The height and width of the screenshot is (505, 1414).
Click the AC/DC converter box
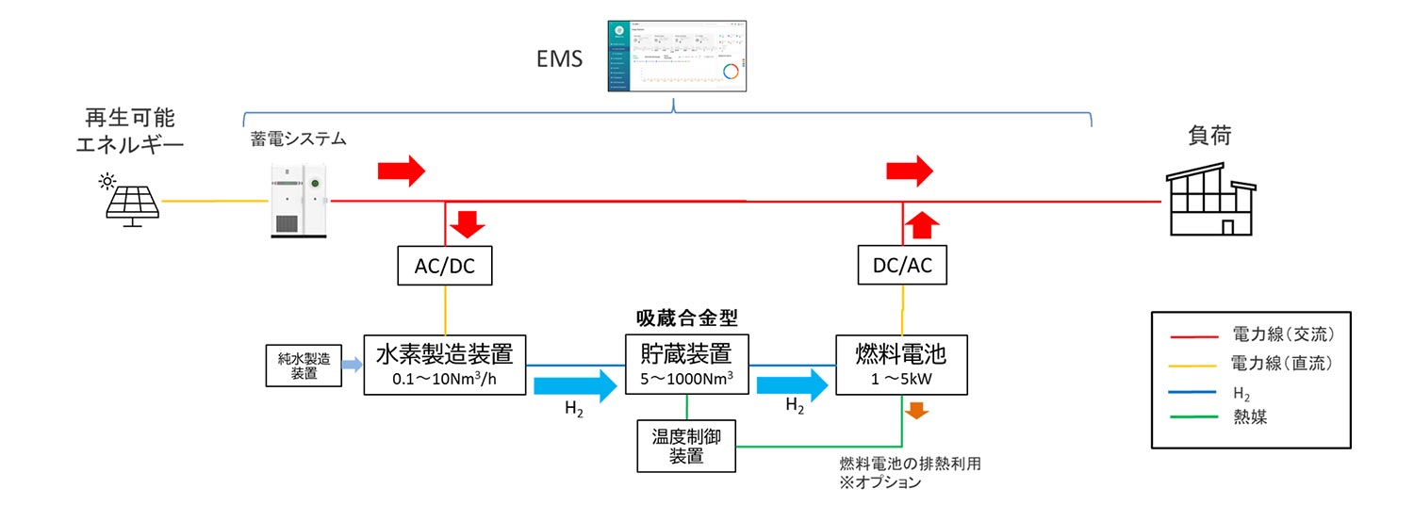443,267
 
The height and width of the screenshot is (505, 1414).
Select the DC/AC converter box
902,267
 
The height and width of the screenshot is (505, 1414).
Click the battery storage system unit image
298,199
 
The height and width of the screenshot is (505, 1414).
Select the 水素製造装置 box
444,365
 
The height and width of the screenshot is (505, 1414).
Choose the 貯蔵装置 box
686,365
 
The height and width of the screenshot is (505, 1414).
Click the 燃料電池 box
902,365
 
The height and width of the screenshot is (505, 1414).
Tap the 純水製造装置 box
304,366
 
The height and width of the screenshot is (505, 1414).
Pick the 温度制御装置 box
686,446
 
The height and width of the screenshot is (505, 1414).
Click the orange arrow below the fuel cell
914,412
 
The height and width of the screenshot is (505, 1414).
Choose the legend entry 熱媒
1249,416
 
